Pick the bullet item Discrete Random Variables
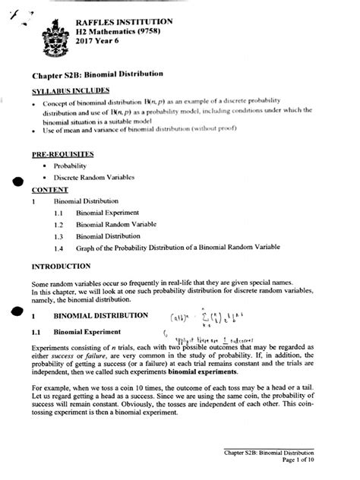click(95, 178)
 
